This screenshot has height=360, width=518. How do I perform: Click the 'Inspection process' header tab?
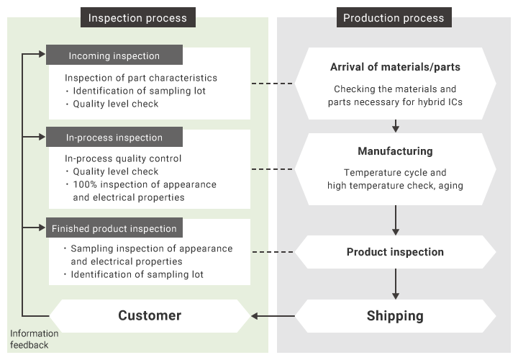click(137, 18)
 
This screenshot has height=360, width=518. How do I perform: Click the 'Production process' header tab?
click(394, 18)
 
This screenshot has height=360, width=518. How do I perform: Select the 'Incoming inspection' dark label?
click(114, 55)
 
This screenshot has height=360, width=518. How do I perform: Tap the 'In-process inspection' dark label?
click(114, 138)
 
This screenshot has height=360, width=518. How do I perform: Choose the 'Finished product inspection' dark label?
click(114, 228)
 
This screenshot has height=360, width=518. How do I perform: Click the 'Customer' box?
click(150, 315)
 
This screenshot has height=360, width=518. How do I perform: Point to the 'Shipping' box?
click(395, 315)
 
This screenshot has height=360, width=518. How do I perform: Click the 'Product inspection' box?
click(395, 252)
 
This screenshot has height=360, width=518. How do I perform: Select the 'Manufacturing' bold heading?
click(395, 151)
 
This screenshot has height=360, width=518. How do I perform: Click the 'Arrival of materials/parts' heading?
click(395, 68)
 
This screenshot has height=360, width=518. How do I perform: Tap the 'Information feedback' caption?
click(35, 339)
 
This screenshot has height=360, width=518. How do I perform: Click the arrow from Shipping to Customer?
click(273, 315)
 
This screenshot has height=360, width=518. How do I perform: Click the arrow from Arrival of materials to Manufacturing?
click(395, 125)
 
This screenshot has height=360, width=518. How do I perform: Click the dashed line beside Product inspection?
click(273, 252)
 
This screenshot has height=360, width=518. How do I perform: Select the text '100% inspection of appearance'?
click(144, 184)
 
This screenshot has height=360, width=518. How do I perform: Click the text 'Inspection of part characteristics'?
click(141, 78)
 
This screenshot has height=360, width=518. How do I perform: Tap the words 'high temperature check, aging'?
click(395, 186)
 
